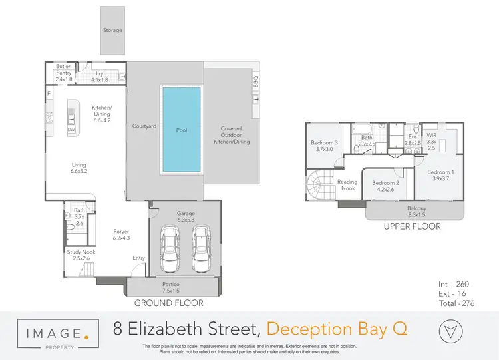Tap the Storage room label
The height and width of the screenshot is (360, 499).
112,30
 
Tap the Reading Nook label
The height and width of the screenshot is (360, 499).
347,185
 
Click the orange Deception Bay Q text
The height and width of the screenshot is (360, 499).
337,328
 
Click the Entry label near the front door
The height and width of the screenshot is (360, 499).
139,258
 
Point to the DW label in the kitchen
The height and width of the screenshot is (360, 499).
71,129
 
